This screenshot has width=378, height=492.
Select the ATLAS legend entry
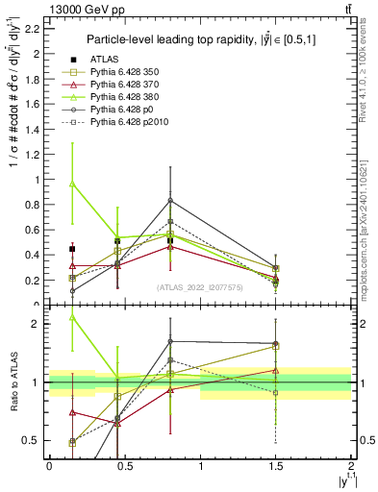[x=114, y=59]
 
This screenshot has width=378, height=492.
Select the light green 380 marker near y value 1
[x=72, y=183]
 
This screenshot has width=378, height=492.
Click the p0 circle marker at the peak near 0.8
[x=170, y=200]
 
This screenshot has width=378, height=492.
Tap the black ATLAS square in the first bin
[x=72, y=249]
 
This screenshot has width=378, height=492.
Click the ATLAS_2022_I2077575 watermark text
[x=200, y=287]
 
